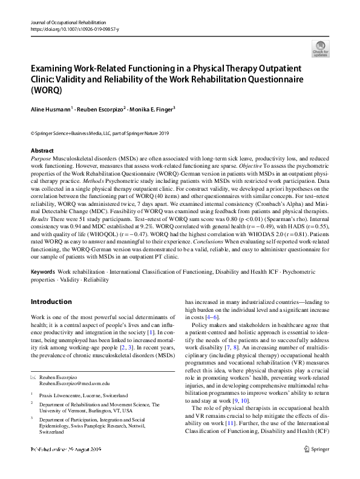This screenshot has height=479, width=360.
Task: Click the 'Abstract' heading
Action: (42, 150)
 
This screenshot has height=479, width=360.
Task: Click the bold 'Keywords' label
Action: (42, 272)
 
